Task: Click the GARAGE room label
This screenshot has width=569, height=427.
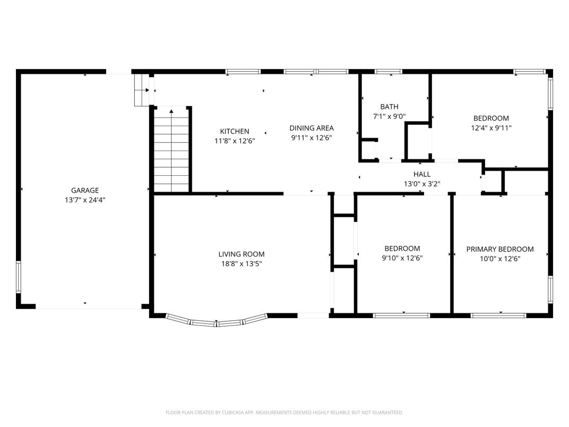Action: click(x=85, y=190)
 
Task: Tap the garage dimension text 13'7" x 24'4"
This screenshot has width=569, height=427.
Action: click(x=85, y=200)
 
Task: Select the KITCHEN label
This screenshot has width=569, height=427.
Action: click(x=235, y=131)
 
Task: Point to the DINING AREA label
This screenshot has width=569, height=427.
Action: click(x=312, y=128)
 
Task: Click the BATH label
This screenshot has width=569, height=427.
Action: click(x=390, y=107)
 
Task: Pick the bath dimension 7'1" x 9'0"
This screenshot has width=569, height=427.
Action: click(x=390, y=116)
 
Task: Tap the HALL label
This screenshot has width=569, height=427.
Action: click(x=422, y=174)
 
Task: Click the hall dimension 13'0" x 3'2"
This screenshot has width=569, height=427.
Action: click(x=422, y=184)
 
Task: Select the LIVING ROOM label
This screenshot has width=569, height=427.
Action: click(x=242, y=254)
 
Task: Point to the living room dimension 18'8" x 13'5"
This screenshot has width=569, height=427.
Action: click(x=242, y=263)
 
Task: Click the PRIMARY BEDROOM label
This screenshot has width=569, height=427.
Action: click(x=500, y=249)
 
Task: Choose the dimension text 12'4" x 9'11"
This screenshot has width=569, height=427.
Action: click(x=492, y=128)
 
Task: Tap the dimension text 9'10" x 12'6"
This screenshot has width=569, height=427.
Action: click(x=402, y=258)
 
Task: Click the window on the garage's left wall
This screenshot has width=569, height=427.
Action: click(x=19, y=277)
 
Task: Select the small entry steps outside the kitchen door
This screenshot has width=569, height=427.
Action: click(x=142, y=90)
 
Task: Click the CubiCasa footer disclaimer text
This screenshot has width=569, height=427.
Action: click(x=284, y=413)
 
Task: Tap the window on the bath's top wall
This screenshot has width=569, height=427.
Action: click(x=389, y=72)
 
